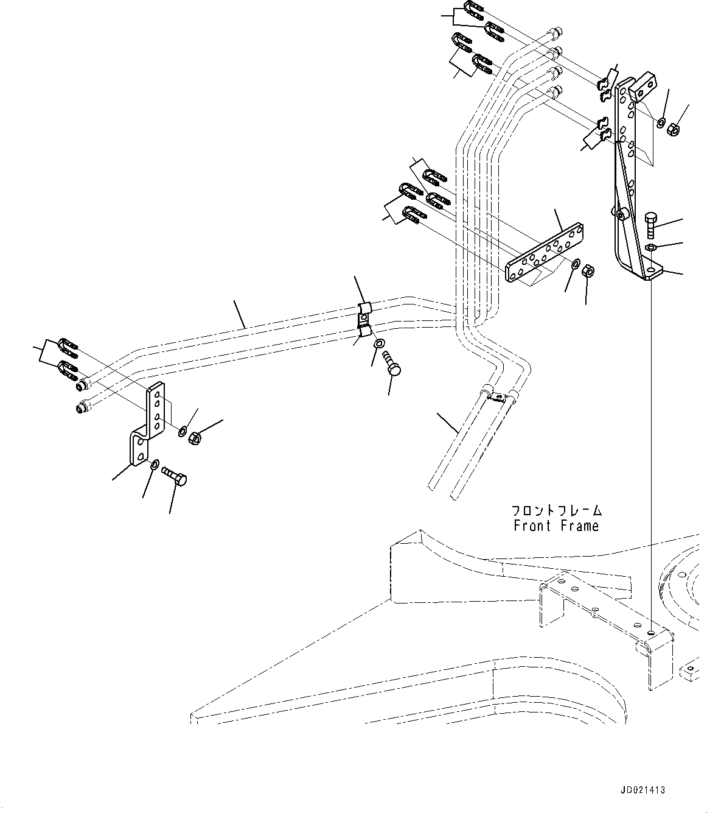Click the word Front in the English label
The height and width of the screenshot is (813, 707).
(532, 526)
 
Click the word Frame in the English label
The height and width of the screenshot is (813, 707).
(579, 526)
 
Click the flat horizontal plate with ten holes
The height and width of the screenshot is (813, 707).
(544, 252)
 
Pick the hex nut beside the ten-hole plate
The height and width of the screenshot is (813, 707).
(588, 272)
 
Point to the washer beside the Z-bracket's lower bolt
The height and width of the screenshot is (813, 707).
(155, 463)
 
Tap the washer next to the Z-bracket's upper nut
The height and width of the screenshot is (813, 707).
(183, 431)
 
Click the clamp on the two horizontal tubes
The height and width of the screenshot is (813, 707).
(364, 321)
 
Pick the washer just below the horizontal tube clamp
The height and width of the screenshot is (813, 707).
(380, 343)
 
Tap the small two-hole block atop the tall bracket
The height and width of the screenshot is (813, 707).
(642, 87)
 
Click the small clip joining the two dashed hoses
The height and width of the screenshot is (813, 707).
(496, 396)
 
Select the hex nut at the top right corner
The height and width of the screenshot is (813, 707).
(674, 130)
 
